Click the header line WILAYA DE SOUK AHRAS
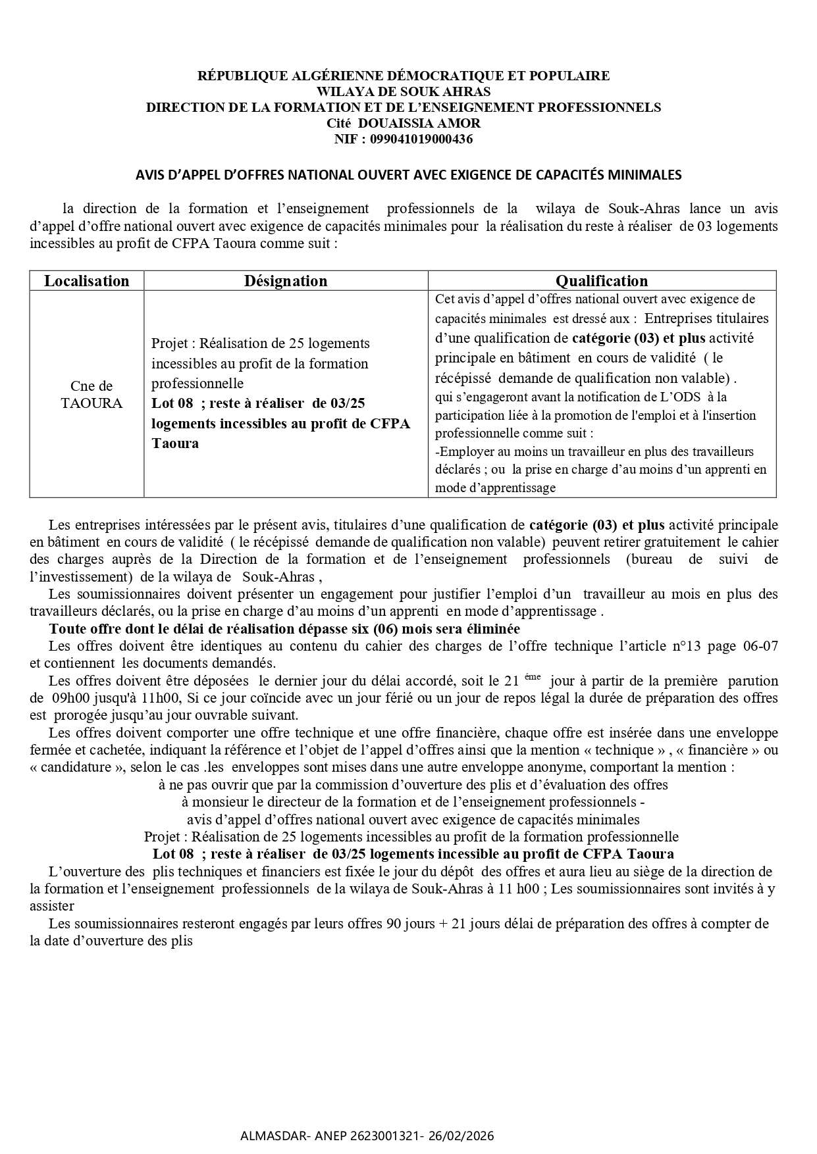coord(404,91)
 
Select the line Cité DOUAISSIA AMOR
coord(404,123)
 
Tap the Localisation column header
coord(86,281)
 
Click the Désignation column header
coord(286,281)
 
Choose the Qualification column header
coord(602,281)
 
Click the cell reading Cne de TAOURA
coord(92,395)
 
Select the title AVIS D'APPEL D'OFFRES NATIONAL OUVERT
coord(408,175)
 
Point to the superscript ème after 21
coord(533,676)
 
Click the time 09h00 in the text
coord(68,698)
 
